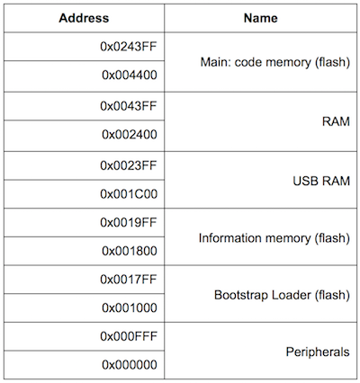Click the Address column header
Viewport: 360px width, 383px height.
[84, 18]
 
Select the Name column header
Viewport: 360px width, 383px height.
[260, 18]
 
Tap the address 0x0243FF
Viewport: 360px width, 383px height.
[129, 47]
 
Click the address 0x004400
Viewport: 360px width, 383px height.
[130, 75]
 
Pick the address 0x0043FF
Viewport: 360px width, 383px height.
[129, 106]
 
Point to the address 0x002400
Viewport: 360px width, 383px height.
[130, 134]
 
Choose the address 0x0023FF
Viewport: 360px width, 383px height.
[129, 165]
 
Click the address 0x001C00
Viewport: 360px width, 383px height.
[129, 194]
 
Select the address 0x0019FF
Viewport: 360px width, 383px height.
[129, 222]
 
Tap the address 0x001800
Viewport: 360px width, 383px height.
[130, 251]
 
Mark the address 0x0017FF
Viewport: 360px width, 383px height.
[129, 280]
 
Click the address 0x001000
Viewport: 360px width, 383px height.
[130, 307]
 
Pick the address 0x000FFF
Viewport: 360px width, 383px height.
[129, 336]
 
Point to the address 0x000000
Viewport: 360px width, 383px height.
[130, 365]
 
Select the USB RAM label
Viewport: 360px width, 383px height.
[321, 181]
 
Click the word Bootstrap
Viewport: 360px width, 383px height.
[241, 295]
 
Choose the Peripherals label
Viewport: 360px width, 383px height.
[318, 352]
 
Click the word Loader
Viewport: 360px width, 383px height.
[292, 295]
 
